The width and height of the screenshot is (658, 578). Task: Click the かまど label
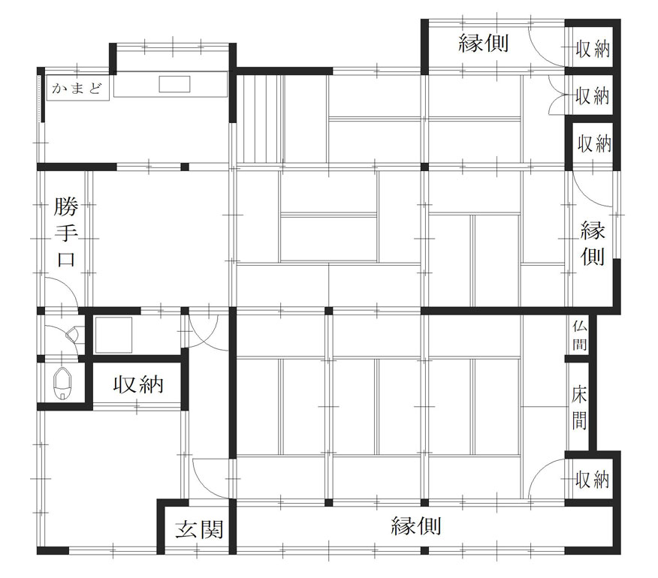pyautogui.click(x=77, y=89)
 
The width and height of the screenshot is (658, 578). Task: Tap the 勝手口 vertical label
pyautogui.click(x=66, y=233)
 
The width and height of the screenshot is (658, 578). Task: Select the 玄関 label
pyautogui.click(x=199, y=529)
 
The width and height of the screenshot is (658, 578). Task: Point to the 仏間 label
pyautogui.click(x=580, y=335)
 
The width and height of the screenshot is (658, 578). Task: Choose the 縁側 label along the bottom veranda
pyautogui.click(x=416, y=525)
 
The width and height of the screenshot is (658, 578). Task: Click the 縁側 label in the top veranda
pyautogui.click(x=484, y=44)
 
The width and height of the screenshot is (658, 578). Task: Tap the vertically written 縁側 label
pyautogui.click(x=593, y=243)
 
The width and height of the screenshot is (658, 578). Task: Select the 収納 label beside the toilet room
pyautogui.click(x=138, y=384)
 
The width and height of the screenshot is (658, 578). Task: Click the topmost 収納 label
pyautogui.click(x=592, y=49)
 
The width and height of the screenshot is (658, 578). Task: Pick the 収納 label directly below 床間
pyautogui.click(x=592, y=479)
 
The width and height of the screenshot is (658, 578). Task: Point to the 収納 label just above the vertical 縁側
pyautogui.click(x=594, y=144)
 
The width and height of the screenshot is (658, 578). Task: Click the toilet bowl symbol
pyautogui.click(x=63, y=384)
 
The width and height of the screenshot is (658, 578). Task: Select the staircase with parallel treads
pyautogui.click(x=260, y=119)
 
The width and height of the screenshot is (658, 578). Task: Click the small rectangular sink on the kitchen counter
pyautogui.click(x=174, y=84)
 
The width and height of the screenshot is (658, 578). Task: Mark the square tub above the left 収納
pyautogui.click(x=113, y=335)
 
